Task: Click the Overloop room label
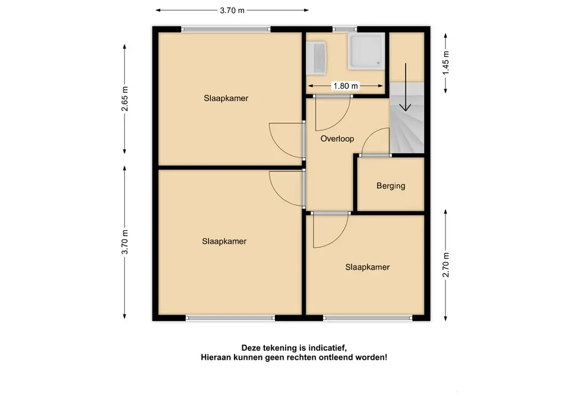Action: tap(337, 139)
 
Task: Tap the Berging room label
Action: tap(391, 186)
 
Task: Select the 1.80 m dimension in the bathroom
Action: tap(346, 86)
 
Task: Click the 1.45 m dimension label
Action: tap(446, 62)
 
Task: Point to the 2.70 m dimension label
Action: tap(446, 265)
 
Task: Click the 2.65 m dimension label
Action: tap(125, 99)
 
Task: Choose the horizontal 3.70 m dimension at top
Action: tap(232, 10)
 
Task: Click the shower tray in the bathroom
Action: tap(366, 51)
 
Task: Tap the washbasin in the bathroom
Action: tap(316, 59)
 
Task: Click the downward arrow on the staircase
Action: tap(406, 87)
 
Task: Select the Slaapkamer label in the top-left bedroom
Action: tap(226, 99)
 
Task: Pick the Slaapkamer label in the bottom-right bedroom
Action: tap(367, 268)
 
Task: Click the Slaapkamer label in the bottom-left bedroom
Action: tap(224, 242)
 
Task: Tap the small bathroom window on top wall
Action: tap(344, 30)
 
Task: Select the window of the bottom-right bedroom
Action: tap(368, 318)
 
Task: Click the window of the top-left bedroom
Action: tap(226, 30)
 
